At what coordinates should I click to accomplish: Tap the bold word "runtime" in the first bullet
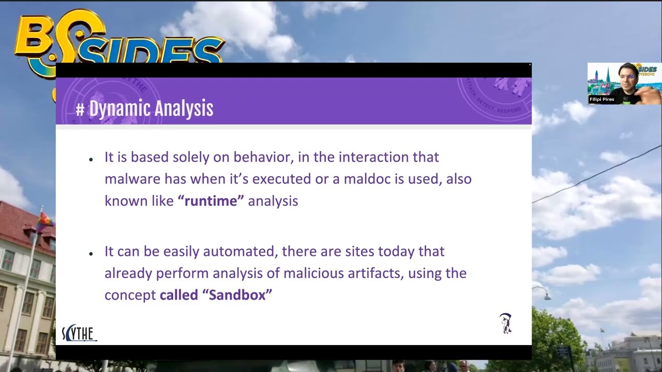(210, 201)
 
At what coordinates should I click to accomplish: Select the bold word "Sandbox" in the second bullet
(237, 295)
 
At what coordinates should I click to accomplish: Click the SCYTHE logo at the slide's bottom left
(79, 334)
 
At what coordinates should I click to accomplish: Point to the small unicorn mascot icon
(505, 323)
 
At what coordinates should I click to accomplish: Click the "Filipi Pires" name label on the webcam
(601, 99)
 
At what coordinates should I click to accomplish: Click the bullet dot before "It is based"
(91, 159)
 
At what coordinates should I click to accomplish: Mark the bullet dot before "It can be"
(91, 254)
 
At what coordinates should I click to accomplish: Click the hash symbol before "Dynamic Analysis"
(80, 110)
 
